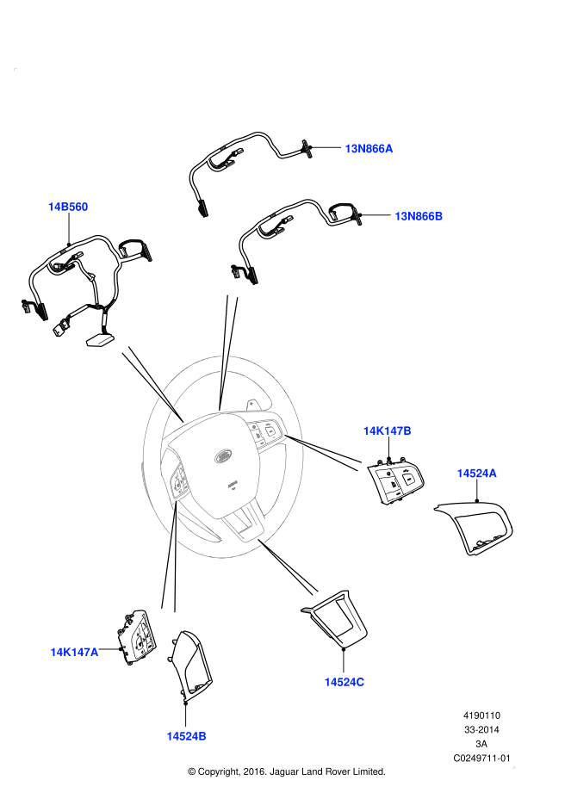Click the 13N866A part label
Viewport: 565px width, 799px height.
369,149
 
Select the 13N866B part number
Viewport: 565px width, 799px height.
419,216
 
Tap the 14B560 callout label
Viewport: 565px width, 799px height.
68,207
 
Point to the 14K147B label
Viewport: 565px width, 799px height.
387,431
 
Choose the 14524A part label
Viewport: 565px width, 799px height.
476,474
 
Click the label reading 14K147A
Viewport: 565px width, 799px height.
74,653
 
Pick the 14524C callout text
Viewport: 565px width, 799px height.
344,682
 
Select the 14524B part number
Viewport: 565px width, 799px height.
186,736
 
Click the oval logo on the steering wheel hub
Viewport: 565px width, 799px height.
223,455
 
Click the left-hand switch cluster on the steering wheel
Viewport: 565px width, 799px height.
181,482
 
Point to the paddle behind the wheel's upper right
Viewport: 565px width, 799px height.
254,404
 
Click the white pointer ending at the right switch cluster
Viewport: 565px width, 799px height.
323,451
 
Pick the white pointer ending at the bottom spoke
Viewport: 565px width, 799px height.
289,567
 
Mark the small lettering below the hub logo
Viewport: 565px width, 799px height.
233,486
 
